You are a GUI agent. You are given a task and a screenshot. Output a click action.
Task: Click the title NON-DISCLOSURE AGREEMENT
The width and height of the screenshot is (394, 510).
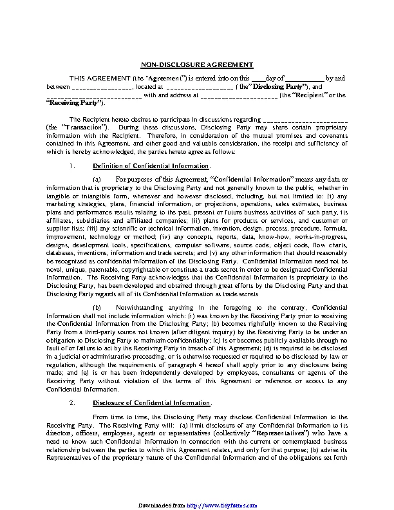197,64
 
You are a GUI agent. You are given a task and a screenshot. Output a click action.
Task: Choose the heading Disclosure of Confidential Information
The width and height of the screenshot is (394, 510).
152,403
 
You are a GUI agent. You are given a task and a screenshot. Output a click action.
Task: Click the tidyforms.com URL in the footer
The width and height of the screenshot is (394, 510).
220,506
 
